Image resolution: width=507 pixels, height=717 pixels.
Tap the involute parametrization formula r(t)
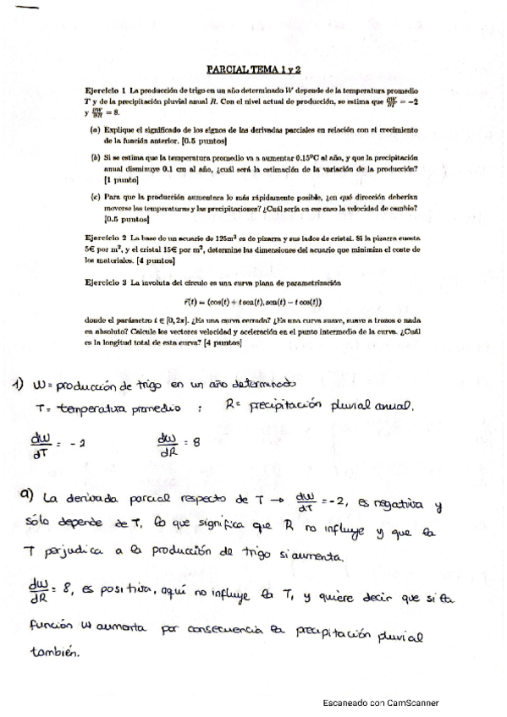[x=253, y=302]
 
